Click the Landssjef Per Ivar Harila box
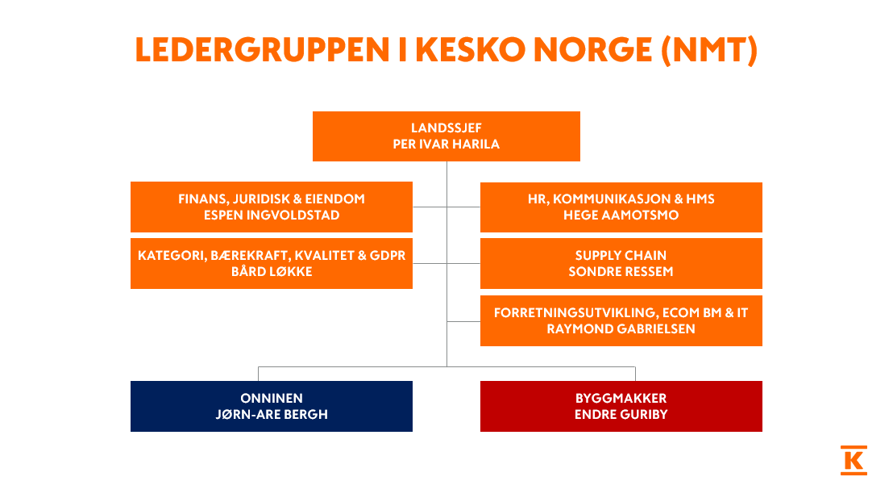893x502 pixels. click(x=446, y=136)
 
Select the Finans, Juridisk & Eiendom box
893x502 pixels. click(x=272, y=207)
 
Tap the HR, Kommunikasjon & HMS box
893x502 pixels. click(x=621, y=207)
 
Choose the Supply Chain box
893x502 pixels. click(x=621, y=264)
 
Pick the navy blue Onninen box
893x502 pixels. click(x=272, y=406)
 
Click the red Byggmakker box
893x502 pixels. click(x=621, y=406)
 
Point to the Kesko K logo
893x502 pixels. click(x=854, y=460)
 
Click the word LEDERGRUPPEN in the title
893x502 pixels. click(x=263, y=49)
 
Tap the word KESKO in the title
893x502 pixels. click(x=471, y=49)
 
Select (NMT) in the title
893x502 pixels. click(x=709, y=51)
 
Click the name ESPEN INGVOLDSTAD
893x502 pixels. click(x=272, y=215)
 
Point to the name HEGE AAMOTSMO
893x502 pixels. click(x=621, y=215)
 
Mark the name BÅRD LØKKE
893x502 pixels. click(x=272, y=271)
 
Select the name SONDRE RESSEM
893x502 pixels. click(x=621, y=271)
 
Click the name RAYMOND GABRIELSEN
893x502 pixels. click(x=621, y=328)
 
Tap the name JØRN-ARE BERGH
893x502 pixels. click(x=272, y=414)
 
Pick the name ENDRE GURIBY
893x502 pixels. click(x=621, y=414)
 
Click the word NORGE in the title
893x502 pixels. click(x=593, y=49)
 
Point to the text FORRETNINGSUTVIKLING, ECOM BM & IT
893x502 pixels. click(x=621, y=312)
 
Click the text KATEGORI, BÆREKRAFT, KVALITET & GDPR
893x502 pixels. click(x=272, y=256)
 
